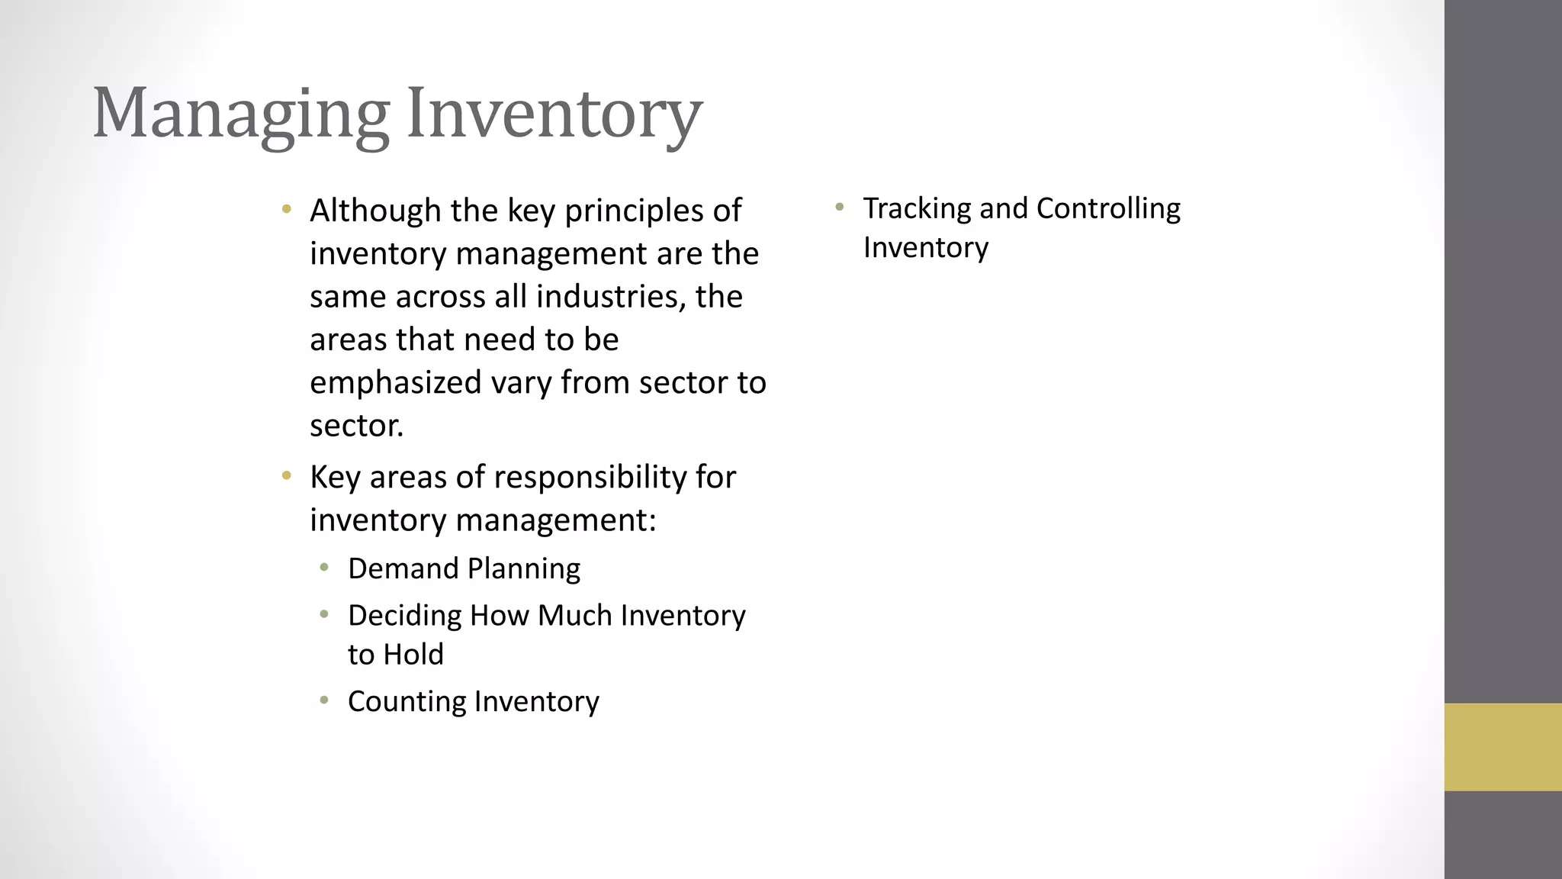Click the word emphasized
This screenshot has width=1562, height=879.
[395, 382]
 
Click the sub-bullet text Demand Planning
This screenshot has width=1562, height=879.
[464, 568]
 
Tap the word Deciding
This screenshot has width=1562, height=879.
[404, 616]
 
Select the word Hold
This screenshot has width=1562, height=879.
[414, 655]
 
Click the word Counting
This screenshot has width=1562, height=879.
[407, 702]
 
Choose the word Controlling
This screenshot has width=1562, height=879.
[1108, 208]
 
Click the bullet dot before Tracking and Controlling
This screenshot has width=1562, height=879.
[839, 207]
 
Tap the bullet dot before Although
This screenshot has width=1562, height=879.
[287, 208]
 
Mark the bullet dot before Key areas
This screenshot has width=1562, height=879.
[287, 476]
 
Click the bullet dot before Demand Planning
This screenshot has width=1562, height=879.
[324, 567]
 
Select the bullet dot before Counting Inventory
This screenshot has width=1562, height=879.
[324, 700]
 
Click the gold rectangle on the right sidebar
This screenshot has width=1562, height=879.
[1503, 747]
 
